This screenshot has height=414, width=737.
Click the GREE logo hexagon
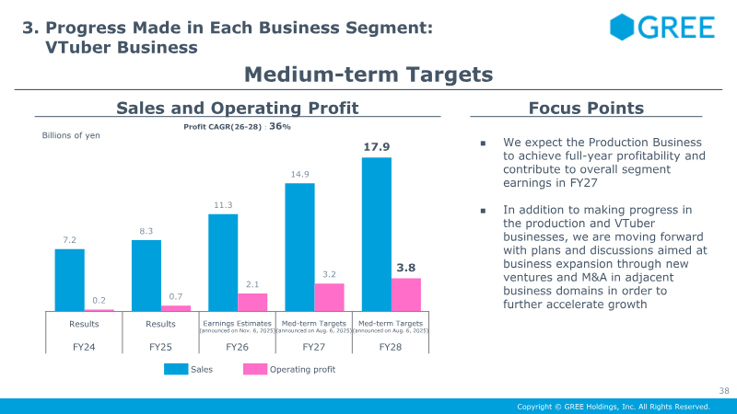coord(622,27)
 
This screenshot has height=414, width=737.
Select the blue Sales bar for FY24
coord(69,281)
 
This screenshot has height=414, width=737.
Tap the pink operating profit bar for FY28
coord(406,295)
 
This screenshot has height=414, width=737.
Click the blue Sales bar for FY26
coord(223,263)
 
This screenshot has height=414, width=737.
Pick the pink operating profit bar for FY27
coord(329,298)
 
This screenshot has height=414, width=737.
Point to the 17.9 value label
coord(376,146)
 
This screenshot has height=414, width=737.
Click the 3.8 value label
coord(406,268)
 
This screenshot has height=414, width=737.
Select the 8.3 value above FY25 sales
coord(146,230)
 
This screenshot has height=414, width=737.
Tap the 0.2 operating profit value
coord(99,300)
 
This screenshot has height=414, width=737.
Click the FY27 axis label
coord(314,348)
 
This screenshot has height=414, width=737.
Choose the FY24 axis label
coord(84,348)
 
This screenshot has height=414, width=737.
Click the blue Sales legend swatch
coord(176,369)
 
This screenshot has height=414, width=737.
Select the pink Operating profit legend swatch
coord(255,369)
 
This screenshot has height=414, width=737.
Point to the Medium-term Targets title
coord(368,74)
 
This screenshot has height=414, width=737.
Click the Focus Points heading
coord(586,109)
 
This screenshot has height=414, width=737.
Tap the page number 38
coord(723,390)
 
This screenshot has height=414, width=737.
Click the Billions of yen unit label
coord(71,135)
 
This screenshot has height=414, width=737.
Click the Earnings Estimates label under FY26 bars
coord(238,324)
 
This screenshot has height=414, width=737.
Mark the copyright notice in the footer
coord(613,407)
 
